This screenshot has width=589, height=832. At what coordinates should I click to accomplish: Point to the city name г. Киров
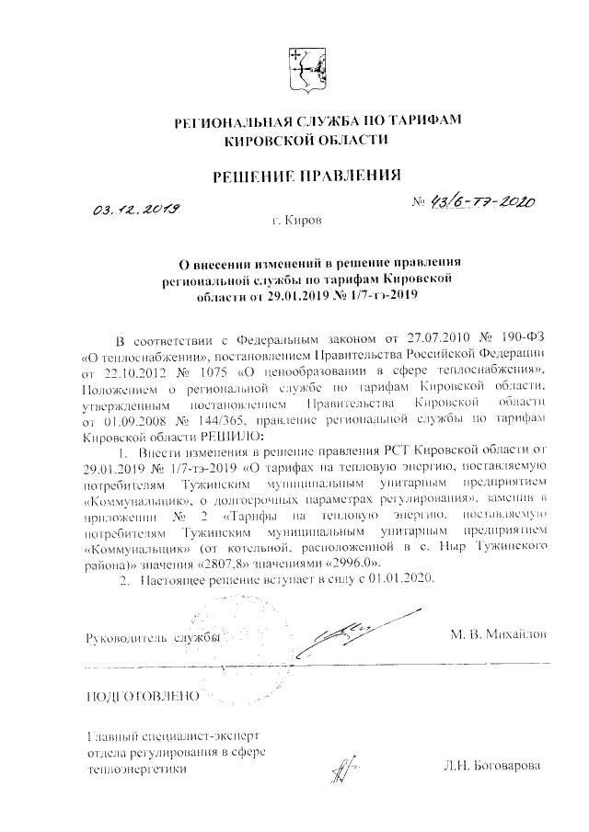[296, 222]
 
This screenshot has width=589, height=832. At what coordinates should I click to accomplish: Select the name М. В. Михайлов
[498, 634]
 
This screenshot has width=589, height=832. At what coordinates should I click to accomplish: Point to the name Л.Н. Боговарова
[491, 766]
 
